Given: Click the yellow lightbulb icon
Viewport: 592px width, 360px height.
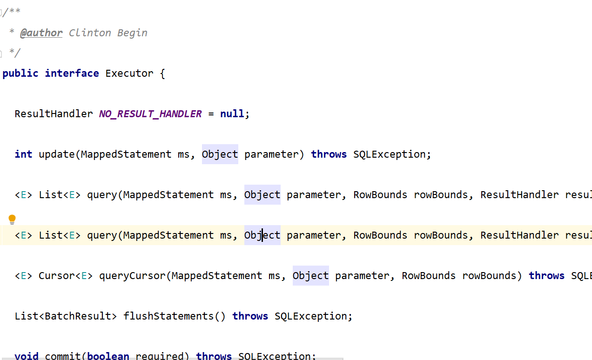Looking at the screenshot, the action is click(12, 220).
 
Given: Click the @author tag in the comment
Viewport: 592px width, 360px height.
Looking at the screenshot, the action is click(41, 33).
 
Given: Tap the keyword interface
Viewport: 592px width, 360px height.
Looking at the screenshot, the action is click(72, 73).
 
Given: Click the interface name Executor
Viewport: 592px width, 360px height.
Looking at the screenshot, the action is click(129, 73).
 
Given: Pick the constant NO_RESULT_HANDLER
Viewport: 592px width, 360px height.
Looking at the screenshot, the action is click(150, 114).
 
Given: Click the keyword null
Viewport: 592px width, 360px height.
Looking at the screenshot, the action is click(232, 114).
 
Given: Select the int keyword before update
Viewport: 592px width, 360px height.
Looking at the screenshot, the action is click(23, 154).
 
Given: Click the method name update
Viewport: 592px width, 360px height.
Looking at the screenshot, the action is click(57, 154).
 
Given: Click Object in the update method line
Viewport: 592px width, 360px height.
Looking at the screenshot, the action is click(220, 154).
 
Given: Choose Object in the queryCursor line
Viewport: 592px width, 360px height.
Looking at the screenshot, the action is click(310, 276).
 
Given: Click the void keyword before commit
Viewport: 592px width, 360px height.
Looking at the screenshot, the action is click(27, 356).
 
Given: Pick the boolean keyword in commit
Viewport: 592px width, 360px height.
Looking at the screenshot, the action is click(108, 356).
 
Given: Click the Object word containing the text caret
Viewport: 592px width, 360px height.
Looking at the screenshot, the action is click(262, 235).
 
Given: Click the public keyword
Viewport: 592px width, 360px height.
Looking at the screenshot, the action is click(20, 73).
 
